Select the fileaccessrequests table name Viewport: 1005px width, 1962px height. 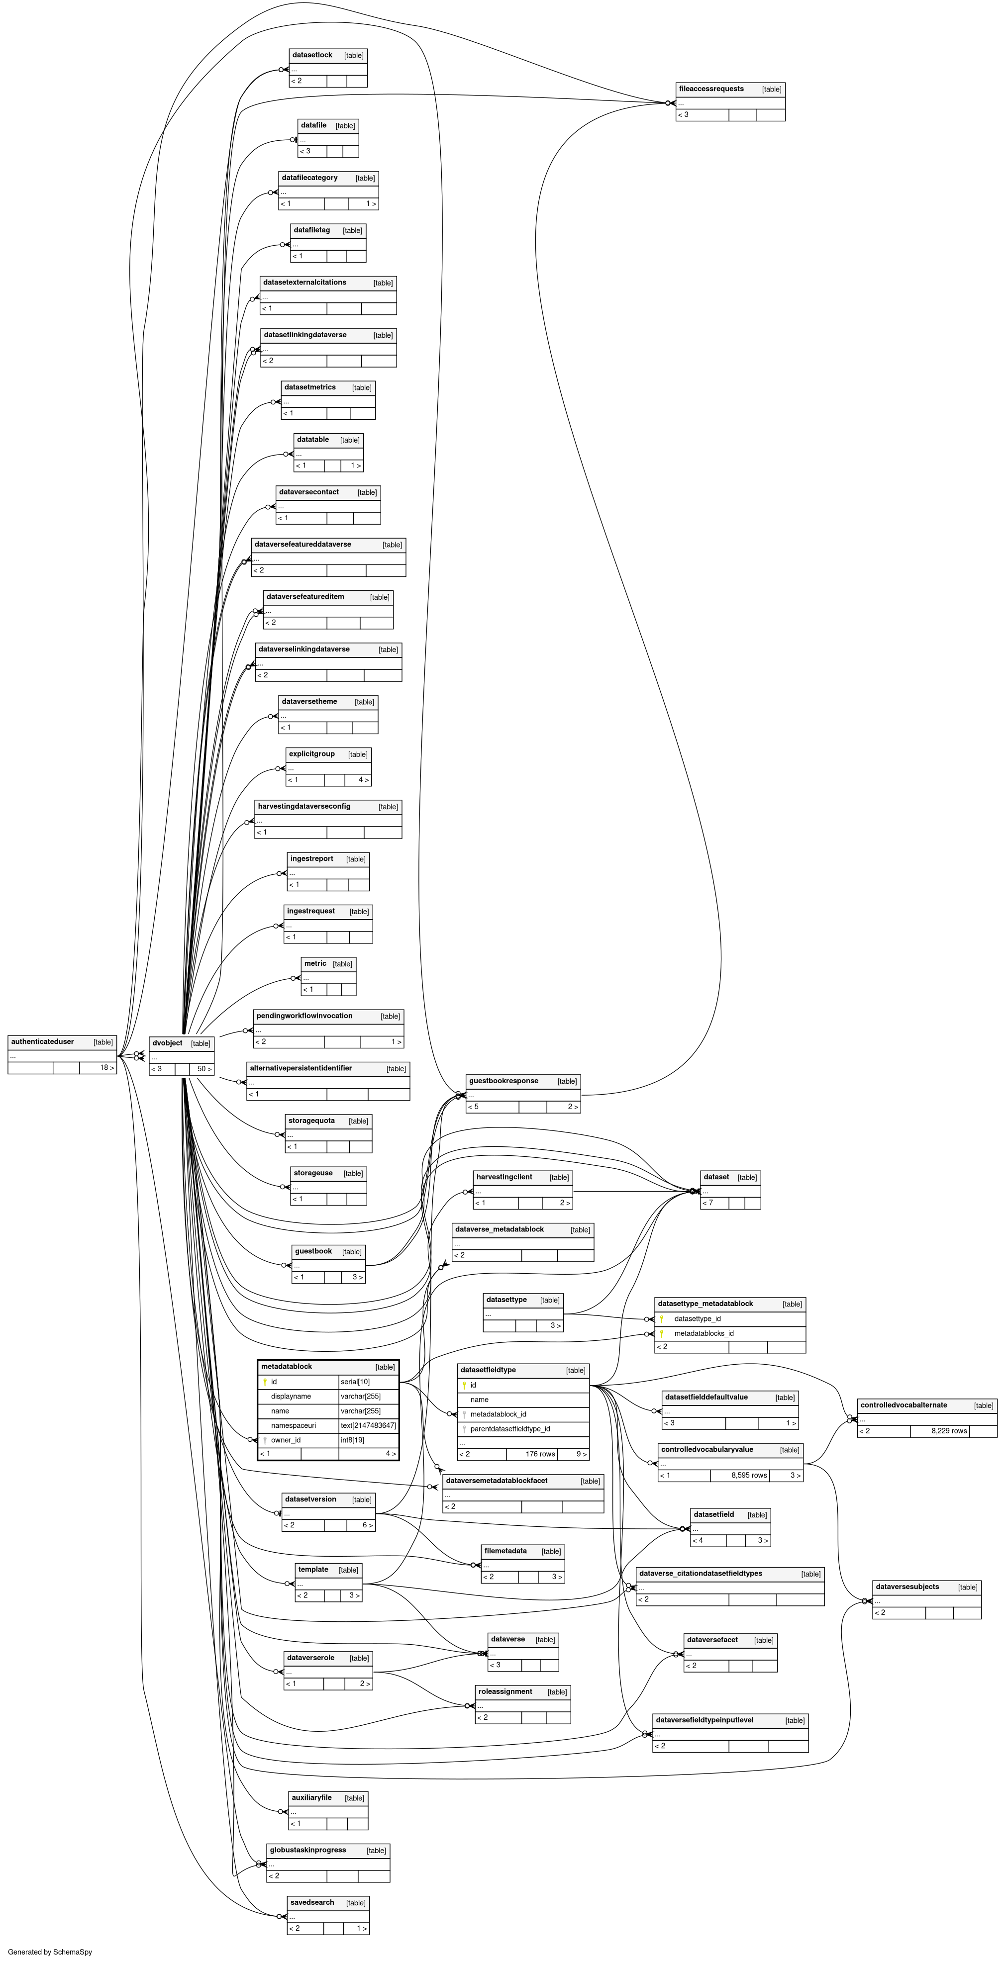[x=711, y=89]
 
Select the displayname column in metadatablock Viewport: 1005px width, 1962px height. [x=291, y=1396]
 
